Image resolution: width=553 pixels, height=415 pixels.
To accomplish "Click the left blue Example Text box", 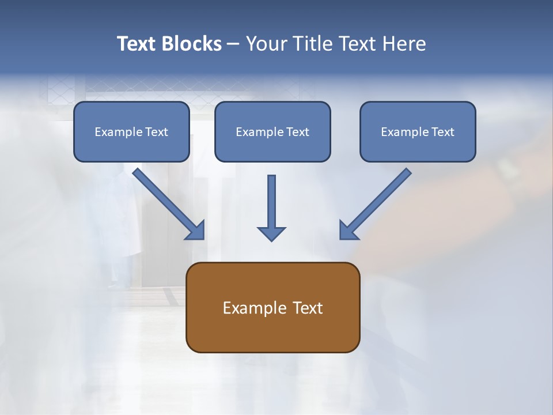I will (x=131, y=131).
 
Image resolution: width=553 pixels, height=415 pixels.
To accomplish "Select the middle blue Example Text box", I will (x=272, y=131).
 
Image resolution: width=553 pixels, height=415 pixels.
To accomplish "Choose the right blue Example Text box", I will (x=418, y=131).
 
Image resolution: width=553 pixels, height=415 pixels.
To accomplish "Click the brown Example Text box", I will (x=272, y=307).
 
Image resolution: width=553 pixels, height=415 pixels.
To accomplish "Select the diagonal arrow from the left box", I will (x=167, y=202).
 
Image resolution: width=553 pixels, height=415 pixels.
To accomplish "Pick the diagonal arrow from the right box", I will (x=377, y=202).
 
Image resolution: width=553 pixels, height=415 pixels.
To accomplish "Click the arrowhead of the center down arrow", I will (x=271, y=233).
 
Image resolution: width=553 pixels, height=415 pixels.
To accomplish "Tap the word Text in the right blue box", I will (x=442, y=132).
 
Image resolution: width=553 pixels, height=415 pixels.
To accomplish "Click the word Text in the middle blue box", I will (x=297, y=132).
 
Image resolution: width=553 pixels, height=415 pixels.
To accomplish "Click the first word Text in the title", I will (x=138, y=44).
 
